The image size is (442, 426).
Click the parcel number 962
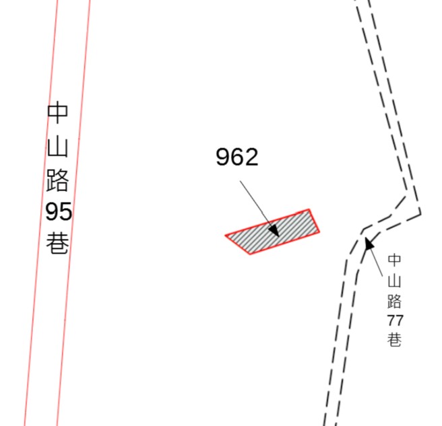click(236, 157)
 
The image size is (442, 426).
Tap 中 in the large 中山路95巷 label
click(57, 112)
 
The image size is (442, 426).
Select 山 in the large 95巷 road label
click(57, 147)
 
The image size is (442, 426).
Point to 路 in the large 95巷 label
click(57, 180)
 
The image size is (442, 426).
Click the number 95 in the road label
click(59, 212)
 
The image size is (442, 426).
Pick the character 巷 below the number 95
click(57, 243)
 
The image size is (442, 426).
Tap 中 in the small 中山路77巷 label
click(394, 260)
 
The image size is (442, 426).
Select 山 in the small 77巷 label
click(394, 281)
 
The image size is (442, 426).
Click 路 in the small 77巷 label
click(394, 301)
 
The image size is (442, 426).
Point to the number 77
click(395, 320)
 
